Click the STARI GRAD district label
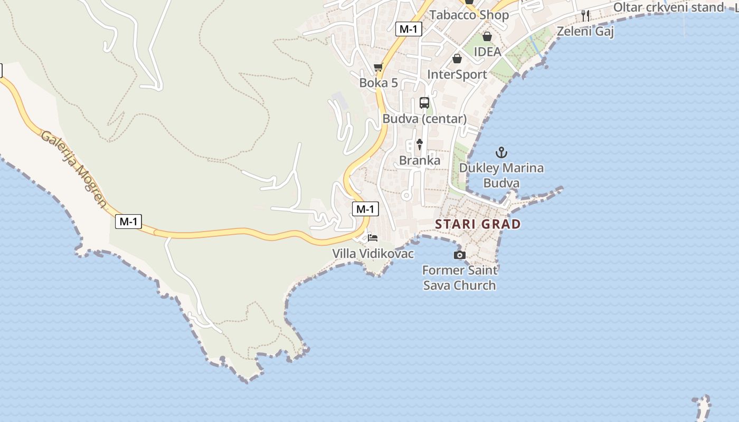coord(478,224)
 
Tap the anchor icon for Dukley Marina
coord(501,153)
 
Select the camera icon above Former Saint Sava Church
coord(460,255)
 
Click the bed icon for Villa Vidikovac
coord(373,238)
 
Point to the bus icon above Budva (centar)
coord(424,103)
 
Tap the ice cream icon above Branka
coord(420,143)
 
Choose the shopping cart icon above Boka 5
coord(378,68)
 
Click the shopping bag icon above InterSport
coord(457,59)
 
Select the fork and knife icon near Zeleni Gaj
coord(585,16)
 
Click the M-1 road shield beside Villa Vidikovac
coord(365,209)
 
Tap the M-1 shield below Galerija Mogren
coord(128,222)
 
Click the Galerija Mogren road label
coord(74,168)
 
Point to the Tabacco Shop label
coord(469,15)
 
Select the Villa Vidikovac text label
coord(373,254)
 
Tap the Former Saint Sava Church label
coord(460,278)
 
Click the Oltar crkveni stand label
coord(668,7)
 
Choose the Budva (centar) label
coord(424,119)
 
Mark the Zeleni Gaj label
coord(585,32)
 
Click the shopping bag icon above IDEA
coord(487,36)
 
